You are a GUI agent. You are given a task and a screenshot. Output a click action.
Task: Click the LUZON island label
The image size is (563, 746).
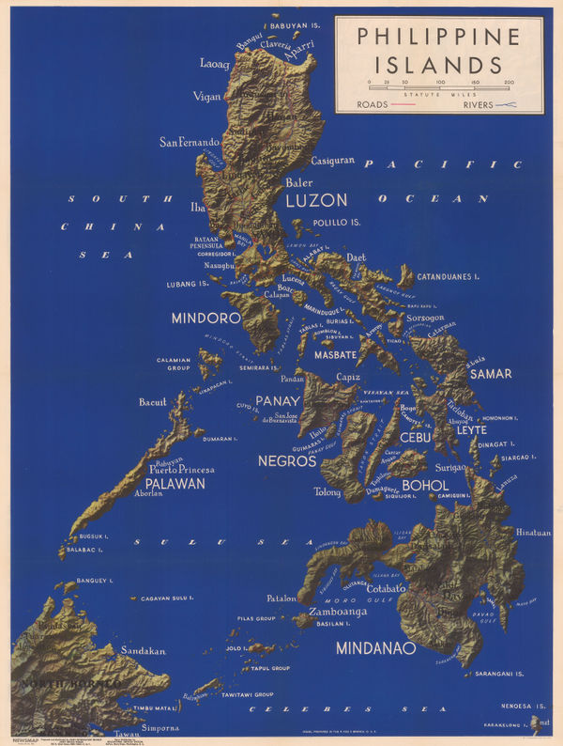tap(316, 200)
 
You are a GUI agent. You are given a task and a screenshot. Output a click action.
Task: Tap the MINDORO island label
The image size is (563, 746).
tap(205, 319)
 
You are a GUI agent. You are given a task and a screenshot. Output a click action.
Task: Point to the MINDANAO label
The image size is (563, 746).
tap(375, 647)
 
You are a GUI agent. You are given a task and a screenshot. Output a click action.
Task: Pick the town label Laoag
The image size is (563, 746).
tap(215, 64)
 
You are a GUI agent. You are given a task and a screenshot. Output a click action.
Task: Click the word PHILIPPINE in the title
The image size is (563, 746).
tap(438, 38)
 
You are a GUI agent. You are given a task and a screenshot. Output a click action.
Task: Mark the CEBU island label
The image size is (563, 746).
tap(415, 438)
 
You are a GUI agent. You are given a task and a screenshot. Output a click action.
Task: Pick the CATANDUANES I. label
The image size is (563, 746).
tap(448, 277)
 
